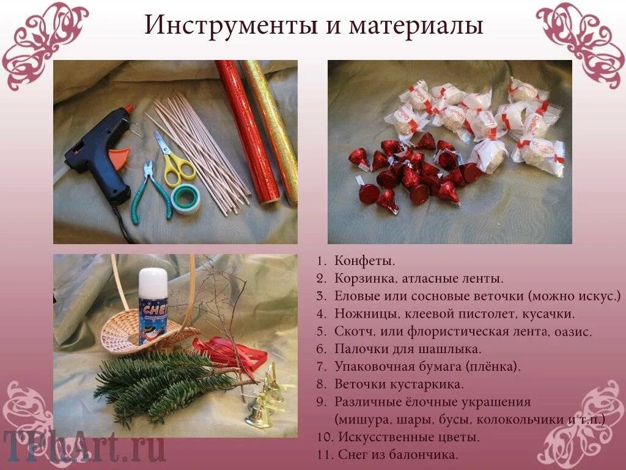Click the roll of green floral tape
click(x=185, y=199)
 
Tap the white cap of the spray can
click(x=152, y=280)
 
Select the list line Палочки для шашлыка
click(x=408, y=349)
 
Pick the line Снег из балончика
click(x=396, y=455)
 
